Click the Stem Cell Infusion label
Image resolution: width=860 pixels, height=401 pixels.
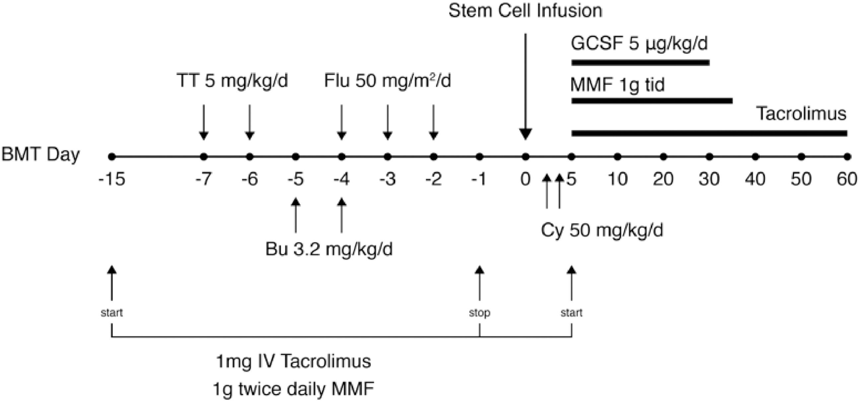(x=525, y=11)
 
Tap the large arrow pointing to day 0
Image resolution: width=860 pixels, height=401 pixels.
(x=526, y=87)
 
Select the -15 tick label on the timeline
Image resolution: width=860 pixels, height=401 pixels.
(x=112, y=180)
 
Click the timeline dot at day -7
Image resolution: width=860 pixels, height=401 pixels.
(x=204, y=157)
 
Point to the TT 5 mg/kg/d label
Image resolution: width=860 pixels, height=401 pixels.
(x=232, y=81)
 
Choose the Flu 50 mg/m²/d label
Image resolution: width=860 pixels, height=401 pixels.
(x=387, y=81)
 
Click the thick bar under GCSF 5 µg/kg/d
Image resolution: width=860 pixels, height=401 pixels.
(x=640, y=62)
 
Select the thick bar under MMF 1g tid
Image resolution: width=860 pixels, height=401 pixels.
(x=652, y=101)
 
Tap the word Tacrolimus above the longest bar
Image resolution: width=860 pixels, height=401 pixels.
(x=801, y=114)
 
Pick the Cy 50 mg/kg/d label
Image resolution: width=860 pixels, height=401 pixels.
(x=602, y=230)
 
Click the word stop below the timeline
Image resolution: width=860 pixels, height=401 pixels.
(x=479, y=313)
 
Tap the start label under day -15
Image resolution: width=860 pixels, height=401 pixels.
(x=112, y=313)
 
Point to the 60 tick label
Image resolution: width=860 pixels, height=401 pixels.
(x=847, y=180)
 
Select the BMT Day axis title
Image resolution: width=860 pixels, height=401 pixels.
(x=41, y=155)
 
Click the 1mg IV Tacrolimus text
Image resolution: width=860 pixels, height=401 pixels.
(x=293, y=361)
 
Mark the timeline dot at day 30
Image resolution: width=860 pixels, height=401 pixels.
(x=709, y=157)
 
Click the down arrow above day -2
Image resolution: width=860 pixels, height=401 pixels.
(x=433, y=122)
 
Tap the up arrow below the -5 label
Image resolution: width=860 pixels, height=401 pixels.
(x=295, y=215)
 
